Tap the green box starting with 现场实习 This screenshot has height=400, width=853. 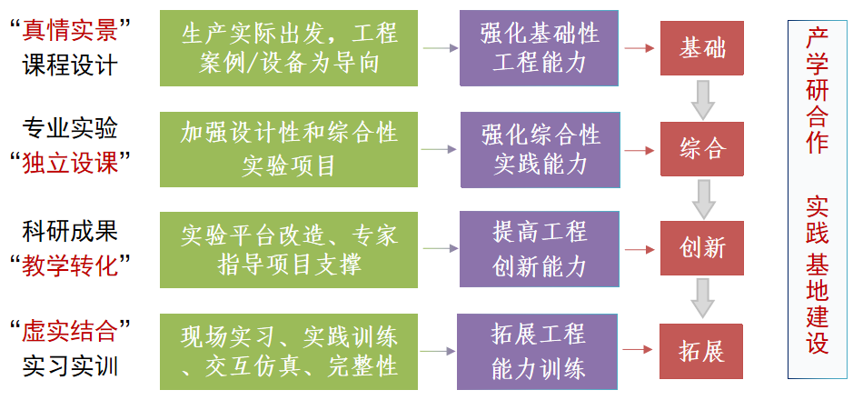click(x=289, y=350)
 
